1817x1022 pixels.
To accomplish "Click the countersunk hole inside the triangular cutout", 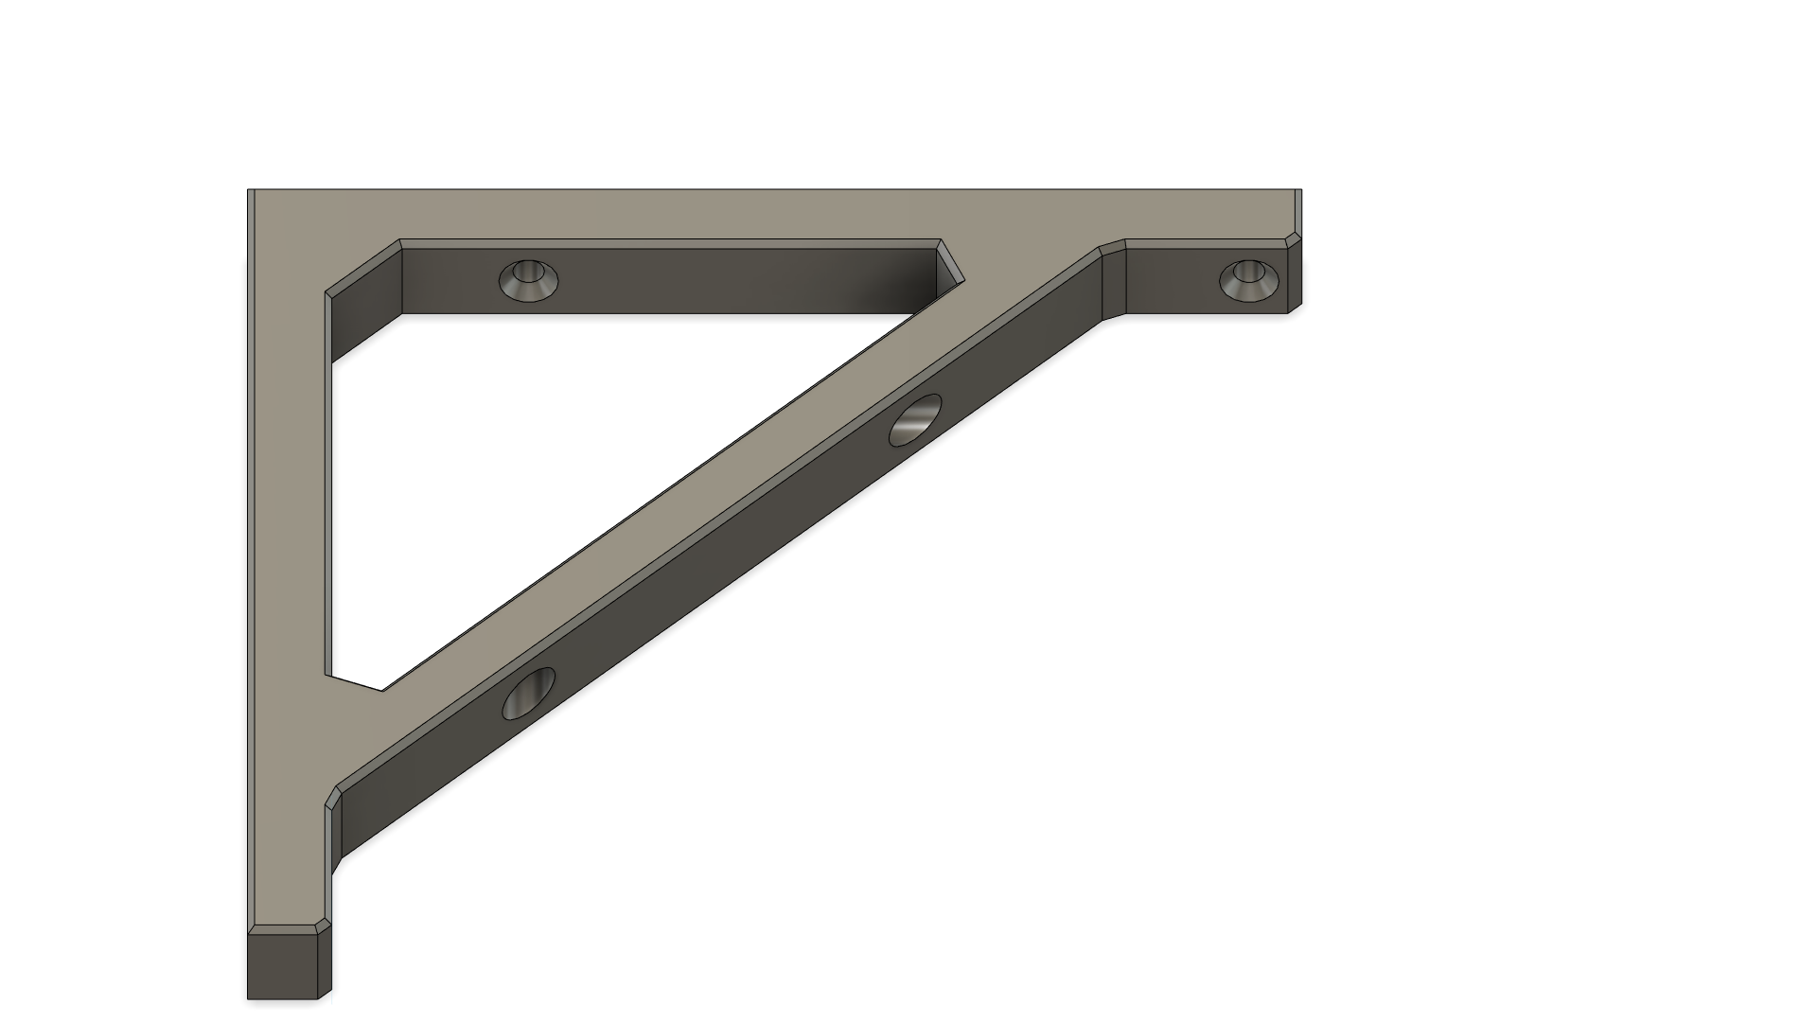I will (528, 279).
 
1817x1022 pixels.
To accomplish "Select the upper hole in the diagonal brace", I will (916, 420).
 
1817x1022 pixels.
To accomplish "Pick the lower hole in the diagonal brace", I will (529, 693).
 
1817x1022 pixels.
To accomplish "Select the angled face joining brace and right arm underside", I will (1113, 280).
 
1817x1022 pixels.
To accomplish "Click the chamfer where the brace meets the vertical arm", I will (333, 797).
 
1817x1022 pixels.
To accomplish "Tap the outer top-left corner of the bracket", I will (249, 190).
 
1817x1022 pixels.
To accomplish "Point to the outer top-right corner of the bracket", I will (1301, 190).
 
